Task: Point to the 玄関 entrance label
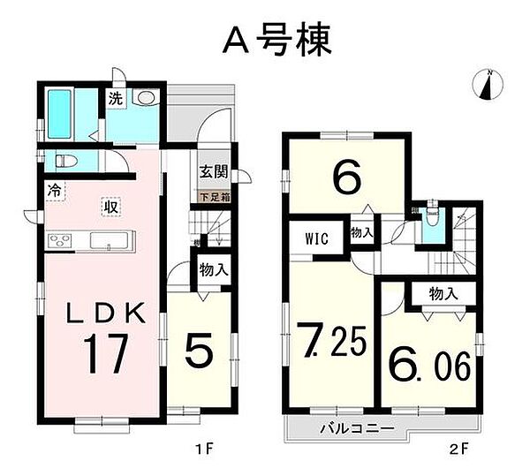210,173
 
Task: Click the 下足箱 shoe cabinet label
214,198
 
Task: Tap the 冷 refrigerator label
54,188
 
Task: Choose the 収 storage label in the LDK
110,206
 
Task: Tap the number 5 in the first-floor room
201,353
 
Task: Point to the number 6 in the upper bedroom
347,179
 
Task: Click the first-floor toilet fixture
64,162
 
